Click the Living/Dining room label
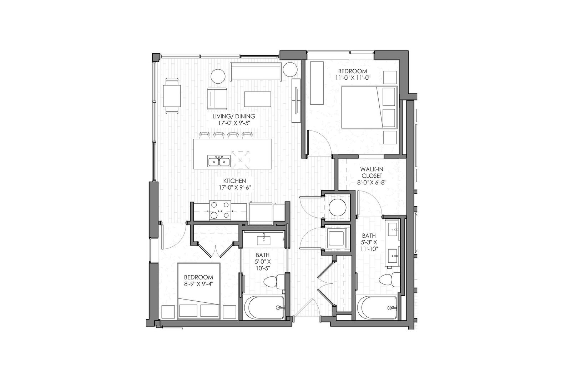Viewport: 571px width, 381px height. (x=234, y=116)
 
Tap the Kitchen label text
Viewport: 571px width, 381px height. (x=234, y=181)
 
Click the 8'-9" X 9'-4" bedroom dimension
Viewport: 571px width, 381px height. (x=198, y=283)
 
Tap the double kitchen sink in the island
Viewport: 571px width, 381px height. (x=219, y=161)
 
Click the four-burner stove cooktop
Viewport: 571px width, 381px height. (x=220, y=210)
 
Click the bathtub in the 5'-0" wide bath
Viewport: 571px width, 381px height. (x=264, y=307)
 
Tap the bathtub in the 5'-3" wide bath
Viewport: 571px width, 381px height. (x=377, y=307)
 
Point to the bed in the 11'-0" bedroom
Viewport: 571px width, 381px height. (x=369, y=107)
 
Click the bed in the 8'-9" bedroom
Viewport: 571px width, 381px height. (x=199, y=291)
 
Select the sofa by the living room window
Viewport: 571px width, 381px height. (x=256, y=71)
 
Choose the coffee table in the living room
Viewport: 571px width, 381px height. (x=257, y=99)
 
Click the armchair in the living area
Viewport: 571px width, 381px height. (x=217, y=99)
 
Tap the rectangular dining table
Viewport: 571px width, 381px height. (x=172, y=96)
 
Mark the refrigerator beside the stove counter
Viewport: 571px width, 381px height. (x=261, y=214)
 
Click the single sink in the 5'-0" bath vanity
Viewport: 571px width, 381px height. (x=263, y=241)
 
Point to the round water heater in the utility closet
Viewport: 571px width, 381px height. (x=338, y=207)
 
